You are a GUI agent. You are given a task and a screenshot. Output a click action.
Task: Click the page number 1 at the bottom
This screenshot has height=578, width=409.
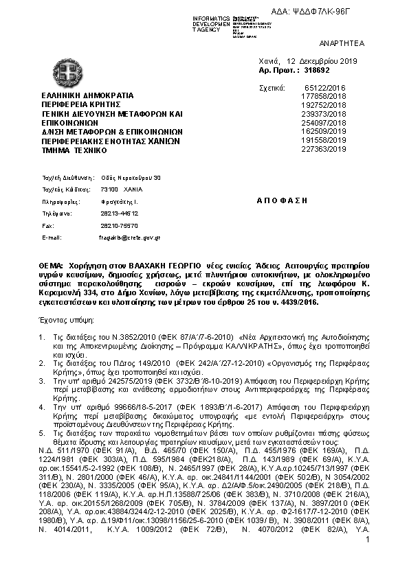(x=368, y=542)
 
